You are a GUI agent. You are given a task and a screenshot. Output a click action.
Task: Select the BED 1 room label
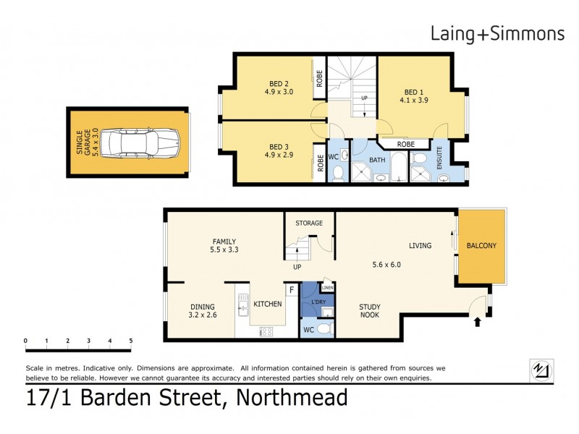[x=413, y=92]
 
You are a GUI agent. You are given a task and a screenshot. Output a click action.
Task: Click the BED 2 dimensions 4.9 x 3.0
[x=277, y=92]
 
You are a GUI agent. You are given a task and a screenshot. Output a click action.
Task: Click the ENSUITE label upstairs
[x=439, y=158]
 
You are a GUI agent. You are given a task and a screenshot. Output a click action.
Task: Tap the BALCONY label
[x=481, y=246]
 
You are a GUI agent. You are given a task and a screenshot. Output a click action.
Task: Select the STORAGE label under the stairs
[x=309, y=223]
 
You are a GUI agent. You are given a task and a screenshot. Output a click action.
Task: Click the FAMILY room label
[x=224, y=242]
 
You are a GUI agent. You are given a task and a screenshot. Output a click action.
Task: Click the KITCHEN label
[x=267, y=305]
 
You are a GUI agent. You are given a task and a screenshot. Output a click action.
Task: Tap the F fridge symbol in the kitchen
[x=291, y=290]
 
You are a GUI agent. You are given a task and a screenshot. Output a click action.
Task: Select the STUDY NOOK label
[x=371, y=310]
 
